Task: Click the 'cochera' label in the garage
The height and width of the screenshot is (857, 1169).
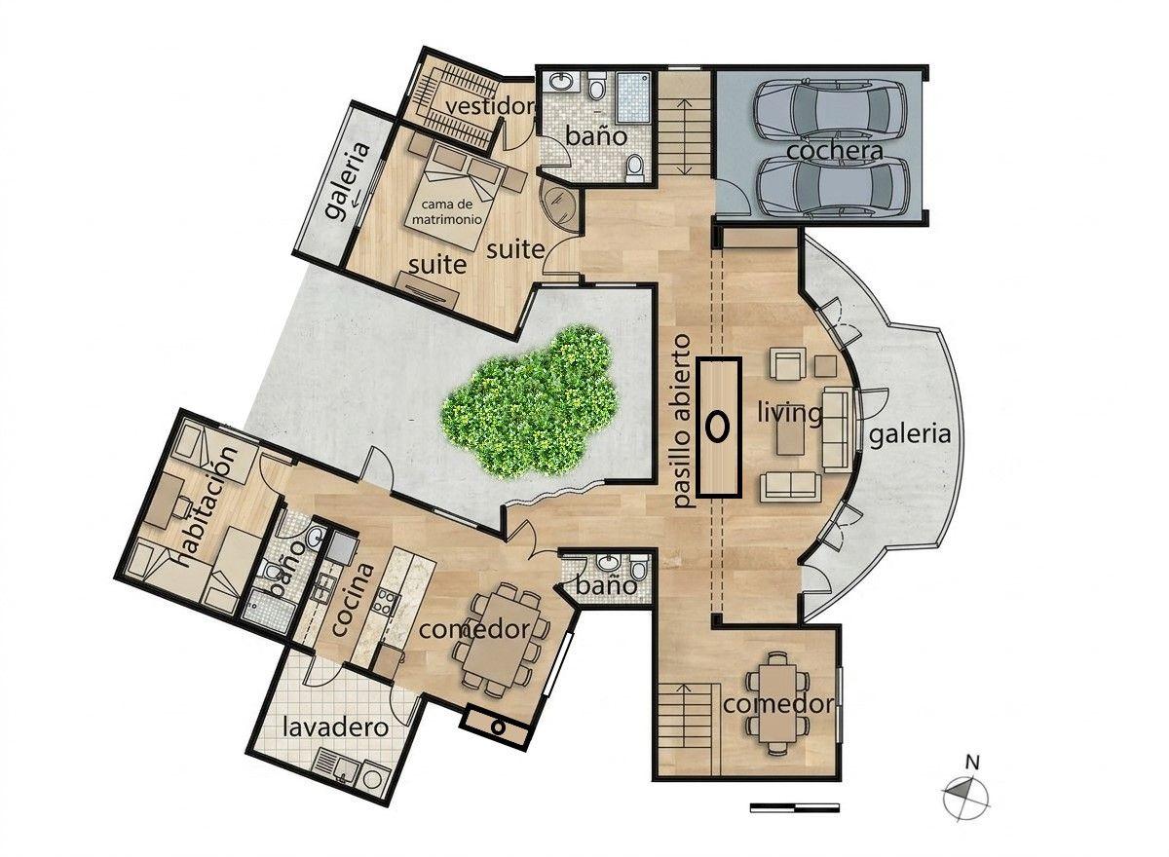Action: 835,151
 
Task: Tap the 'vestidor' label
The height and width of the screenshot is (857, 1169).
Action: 491,106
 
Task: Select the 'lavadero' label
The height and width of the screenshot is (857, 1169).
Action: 335,727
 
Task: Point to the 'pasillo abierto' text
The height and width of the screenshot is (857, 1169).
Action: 682,422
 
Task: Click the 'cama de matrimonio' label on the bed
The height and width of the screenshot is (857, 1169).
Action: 447,211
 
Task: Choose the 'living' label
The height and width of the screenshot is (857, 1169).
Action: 790,414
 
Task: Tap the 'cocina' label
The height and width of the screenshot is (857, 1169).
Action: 353,600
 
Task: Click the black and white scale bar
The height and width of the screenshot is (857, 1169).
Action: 794,808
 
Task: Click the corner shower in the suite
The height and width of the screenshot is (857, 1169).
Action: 559,205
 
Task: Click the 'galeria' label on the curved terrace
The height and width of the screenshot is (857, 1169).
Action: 910,434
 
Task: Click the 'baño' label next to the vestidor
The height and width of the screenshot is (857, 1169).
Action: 596,136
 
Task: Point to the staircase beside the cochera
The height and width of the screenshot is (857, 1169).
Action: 685,124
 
